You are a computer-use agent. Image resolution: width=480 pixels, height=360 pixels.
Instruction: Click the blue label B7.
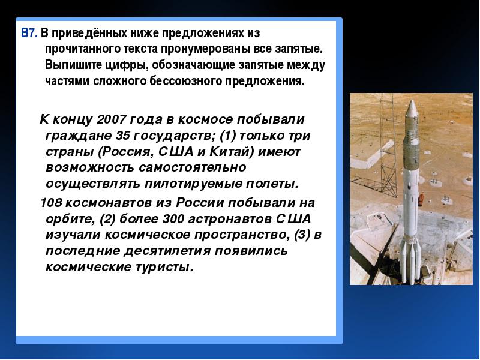[x=29, y=33]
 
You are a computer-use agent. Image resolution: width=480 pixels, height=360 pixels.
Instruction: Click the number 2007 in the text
[x=111, y=119]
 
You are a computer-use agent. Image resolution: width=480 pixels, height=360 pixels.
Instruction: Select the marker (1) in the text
[x=228, y=136]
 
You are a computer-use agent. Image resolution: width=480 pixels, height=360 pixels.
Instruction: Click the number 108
[x=51, y=203]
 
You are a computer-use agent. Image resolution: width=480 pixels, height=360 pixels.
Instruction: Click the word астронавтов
[x=230, y=219]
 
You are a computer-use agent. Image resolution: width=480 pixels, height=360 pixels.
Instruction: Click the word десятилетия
[x=167, y=251]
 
